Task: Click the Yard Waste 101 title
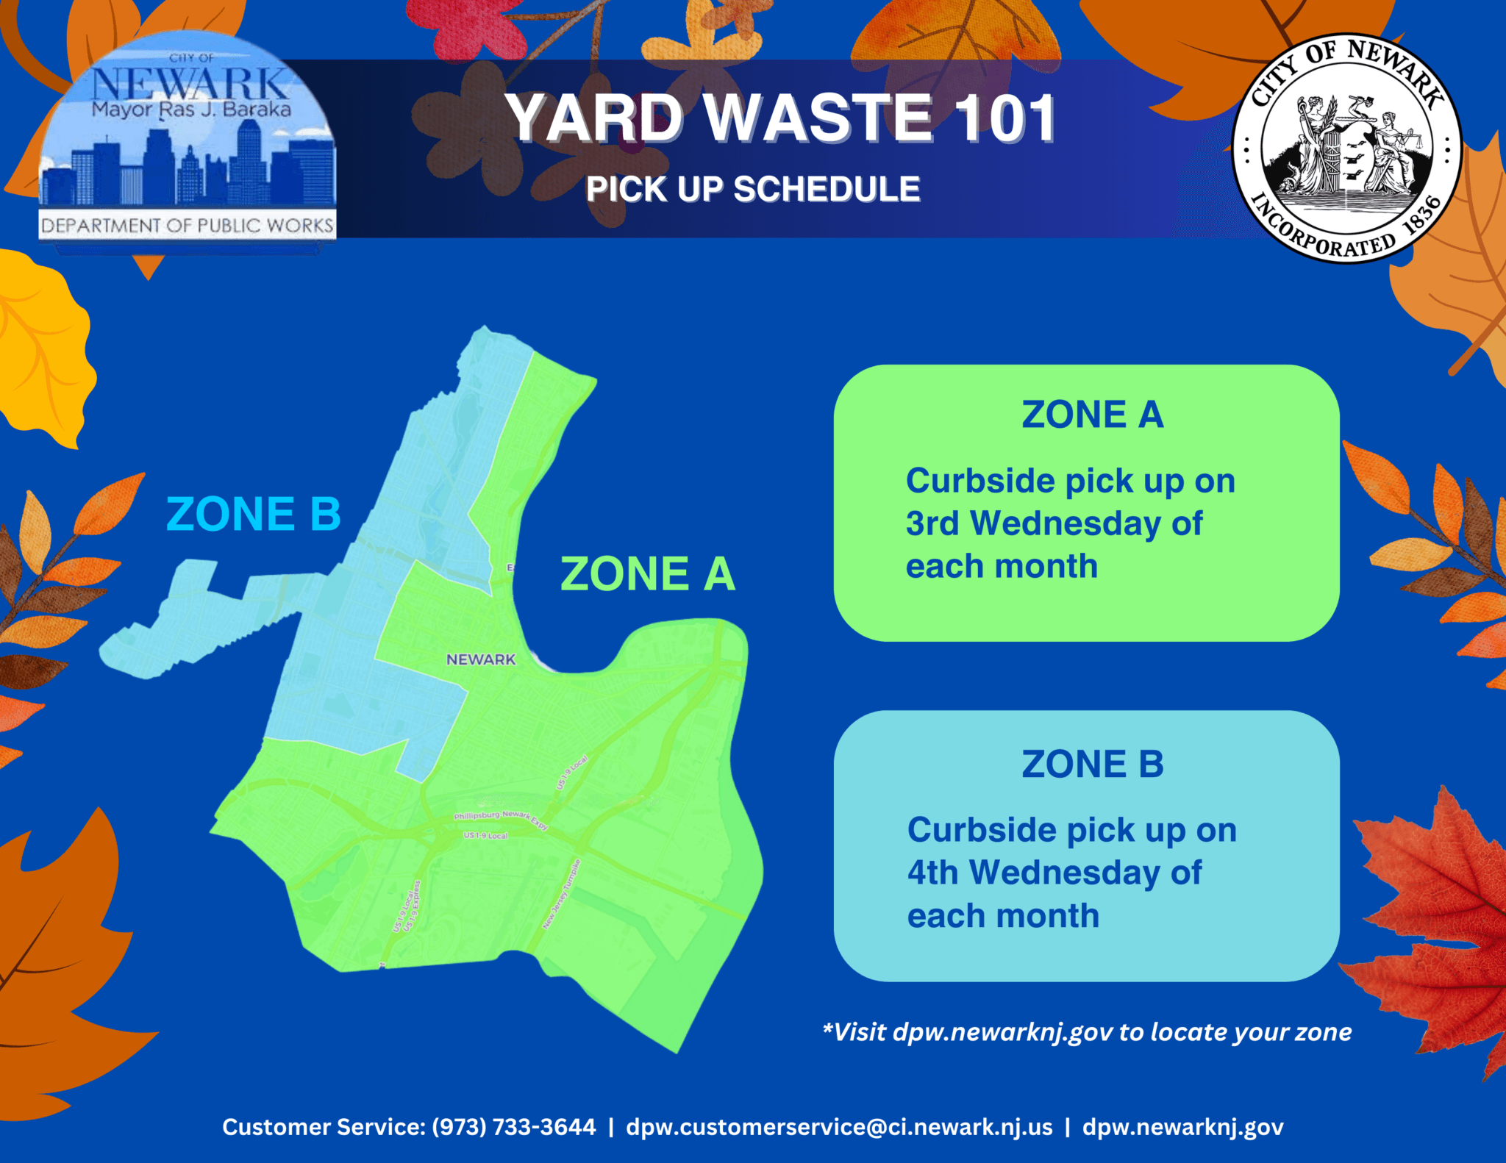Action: [782, 118]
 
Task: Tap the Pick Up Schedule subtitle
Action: [753, 190]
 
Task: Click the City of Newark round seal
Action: [1347, 148]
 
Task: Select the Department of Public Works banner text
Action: [188, 226]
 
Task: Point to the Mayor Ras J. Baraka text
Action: [191, 110]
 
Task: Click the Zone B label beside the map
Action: [254, 514]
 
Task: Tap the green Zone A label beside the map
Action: [647, 574]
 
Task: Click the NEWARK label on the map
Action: [481, 659]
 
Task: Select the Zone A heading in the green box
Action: [1092, 415]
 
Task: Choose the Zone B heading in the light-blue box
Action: [1092, 765]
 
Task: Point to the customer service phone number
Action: [513, 1127]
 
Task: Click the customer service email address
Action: [839, 1127]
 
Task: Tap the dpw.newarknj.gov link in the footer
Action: [1182, 1127]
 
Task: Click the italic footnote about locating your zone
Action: [1087, 1032]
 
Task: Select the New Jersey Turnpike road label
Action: [562, 894]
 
